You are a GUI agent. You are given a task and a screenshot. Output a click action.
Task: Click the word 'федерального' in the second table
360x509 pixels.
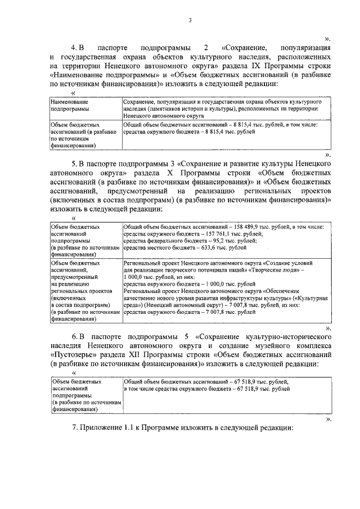[160, 240]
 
